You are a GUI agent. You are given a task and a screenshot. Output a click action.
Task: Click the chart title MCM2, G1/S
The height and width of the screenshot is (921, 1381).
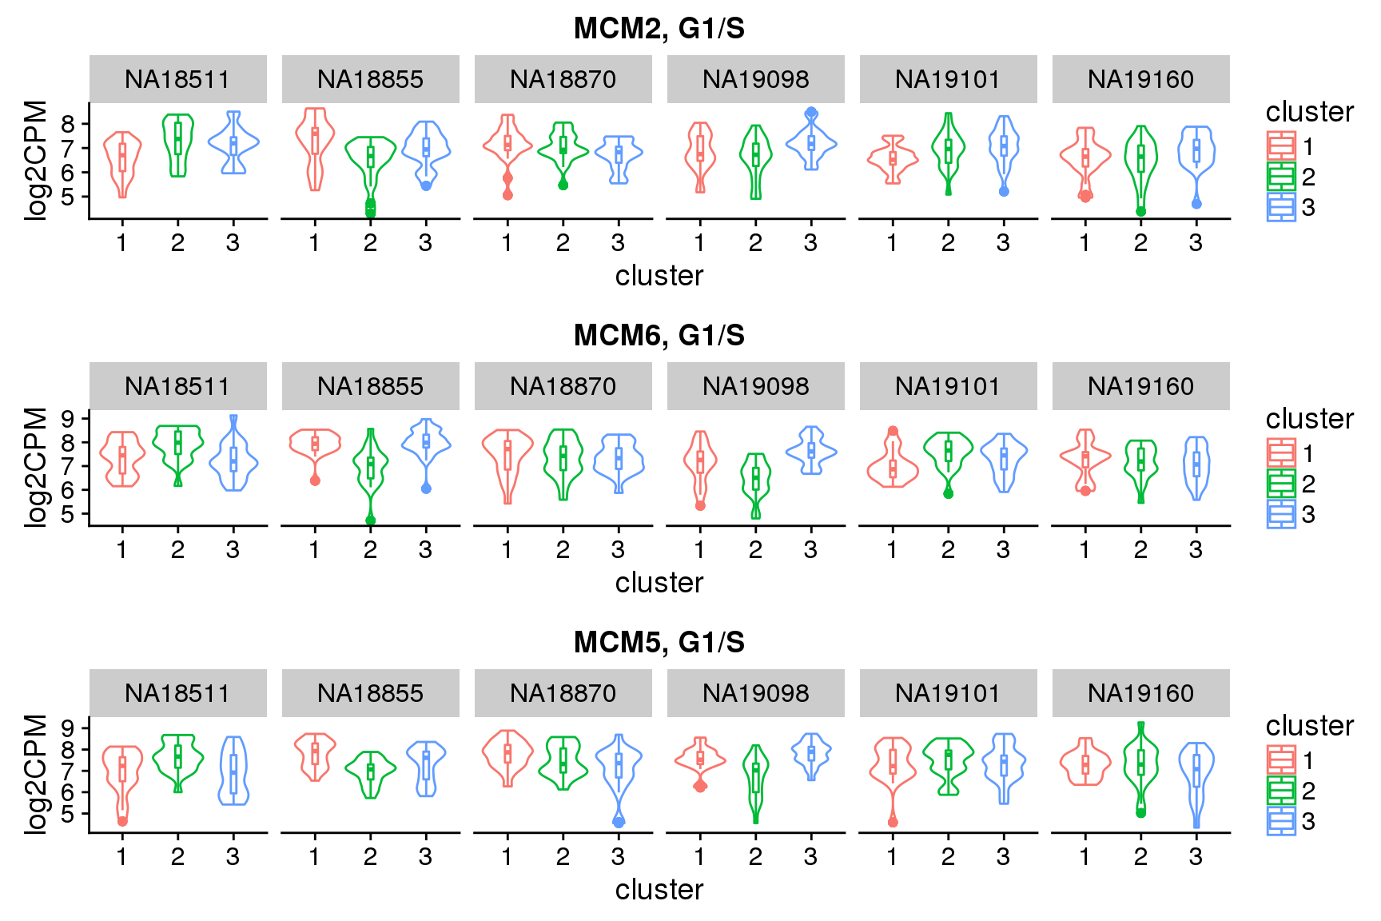pyautogui.click(x=659, y=29)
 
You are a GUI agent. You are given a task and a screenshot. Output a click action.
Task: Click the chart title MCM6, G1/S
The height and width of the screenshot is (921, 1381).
pyautogui.click(x=659, y=336)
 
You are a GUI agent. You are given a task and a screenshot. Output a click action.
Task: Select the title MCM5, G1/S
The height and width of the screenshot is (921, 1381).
pyautogui.click(x=659, y=643)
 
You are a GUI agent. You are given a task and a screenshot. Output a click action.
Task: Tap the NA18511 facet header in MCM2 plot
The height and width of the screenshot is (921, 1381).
pyautogui.click(x=177, y=79)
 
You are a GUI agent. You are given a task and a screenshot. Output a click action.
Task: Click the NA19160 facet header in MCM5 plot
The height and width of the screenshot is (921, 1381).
pyautogui.click(x=1140, y=693)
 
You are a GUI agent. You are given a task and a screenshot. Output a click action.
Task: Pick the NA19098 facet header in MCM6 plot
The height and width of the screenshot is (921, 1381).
pyautogui.click(x=755, y=386)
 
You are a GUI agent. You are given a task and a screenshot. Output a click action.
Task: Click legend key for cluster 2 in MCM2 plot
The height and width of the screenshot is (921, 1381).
pyautogui.click(x=1281, y=177)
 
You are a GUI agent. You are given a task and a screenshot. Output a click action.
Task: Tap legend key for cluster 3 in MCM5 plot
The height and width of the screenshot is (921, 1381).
pyautogui.click(x=1281, y=821)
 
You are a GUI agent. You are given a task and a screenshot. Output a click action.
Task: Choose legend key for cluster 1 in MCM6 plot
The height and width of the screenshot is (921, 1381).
pyautogui.click(x=1281, y=453)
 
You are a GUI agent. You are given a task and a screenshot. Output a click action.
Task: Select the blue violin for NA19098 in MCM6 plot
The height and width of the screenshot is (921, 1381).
pyautogui.click(x=811, y=451)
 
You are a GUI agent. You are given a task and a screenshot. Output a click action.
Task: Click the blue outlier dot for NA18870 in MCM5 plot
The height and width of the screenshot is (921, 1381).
pyautogui.click(x=619, y=821)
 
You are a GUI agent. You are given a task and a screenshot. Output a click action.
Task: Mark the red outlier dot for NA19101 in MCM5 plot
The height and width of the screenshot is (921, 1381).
pyautogui.click(x=893, y=822)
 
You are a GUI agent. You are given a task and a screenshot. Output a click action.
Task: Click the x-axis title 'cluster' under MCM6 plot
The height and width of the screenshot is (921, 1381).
pyautogui.click(x=659, y=583)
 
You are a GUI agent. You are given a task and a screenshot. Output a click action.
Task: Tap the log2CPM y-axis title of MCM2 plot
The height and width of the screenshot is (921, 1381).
pyautogui.click(x=36, y=160)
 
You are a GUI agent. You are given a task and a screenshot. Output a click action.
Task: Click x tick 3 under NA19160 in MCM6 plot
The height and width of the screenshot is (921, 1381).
pyautogui.click(x=1196, y=550)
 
